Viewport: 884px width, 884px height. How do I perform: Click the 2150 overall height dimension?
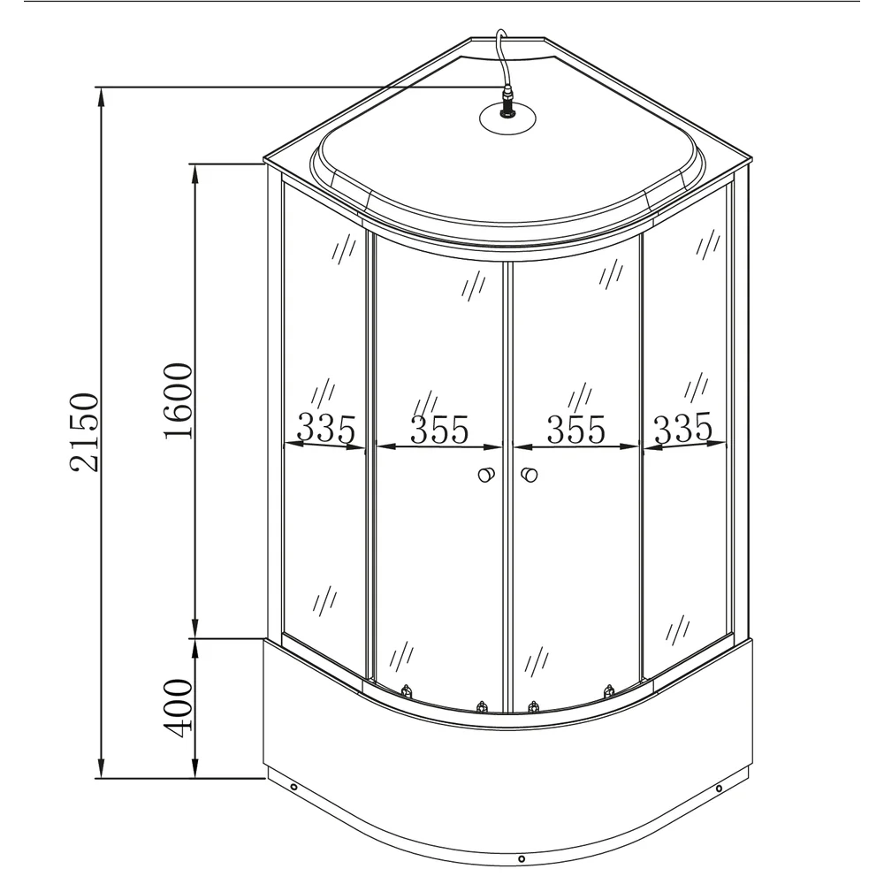click(x=85, y=432)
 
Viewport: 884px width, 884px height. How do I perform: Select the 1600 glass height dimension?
click(x=179, y=400)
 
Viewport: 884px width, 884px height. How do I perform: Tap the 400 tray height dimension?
click(x=179, y=707)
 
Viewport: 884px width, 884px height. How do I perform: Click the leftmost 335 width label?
click(x=326, y=428)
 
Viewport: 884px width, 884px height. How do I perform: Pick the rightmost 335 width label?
click(x=683, y=428)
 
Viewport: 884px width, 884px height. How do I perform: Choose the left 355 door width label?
click(x=439, y=430)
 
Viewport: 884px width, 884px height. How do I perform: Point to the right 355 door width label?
click(x=576, y=430)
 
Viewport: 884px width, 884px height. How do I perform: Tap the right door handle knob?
click(x=529, y=475)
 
